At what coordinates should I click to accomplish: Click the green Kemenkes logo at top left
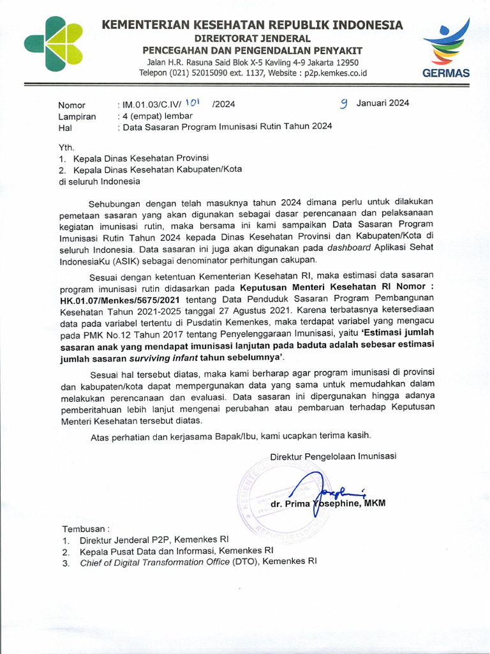[54, 43]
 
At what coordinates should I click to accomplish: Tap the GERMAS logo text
[446, 73]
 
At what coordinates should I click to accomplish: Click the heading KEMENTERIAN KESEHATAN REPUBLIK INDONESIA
[252, 25]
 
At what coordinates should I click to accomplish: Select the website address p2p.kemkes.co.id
[336, 73]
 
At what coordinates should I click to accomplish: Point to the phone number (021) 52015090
[199, 73]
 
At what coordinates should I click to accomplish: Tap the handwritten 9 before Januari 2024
[343, 103]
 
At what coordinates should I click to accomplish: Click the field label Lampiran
[77, 116]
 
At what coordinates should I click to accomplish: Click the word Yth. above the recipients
[66, 148]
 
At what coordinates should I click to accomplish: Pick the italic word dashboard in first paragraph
[350, 248]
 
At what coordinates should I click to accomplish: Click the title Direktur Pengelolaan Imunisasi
[333, 456]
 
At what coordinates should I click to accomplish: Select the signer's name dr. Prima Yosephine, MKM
[328, 504]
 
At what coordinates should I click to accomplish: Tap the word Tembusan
[85, 529]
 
